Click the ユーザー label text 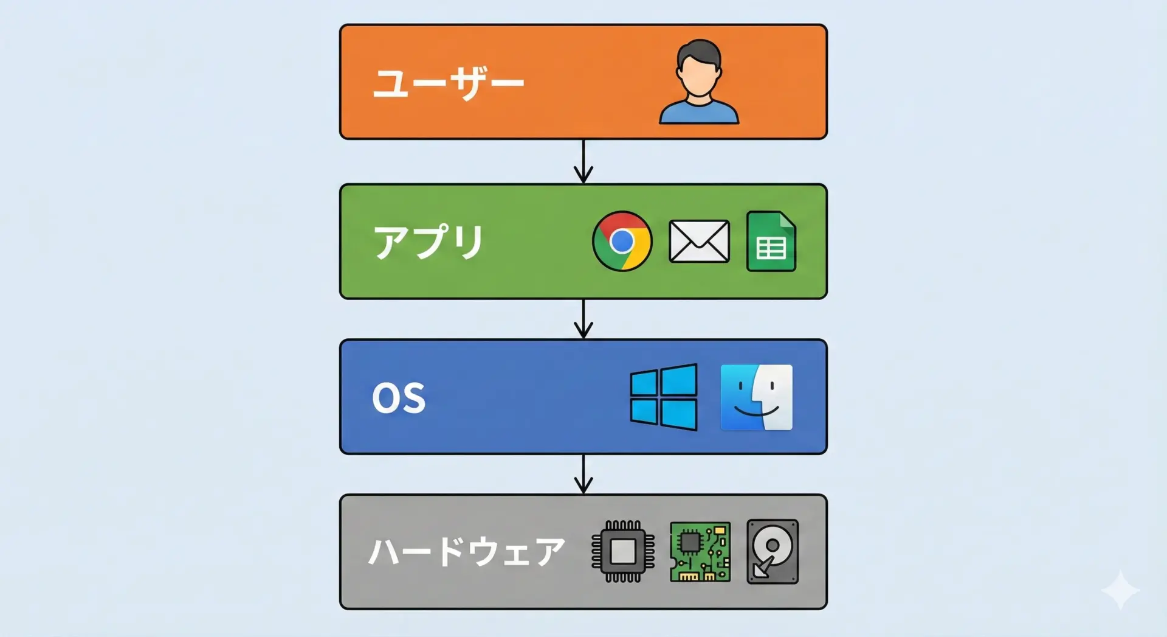click(449, 83)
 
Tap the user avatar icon click(699, 82)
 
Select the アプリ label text click(429, 242)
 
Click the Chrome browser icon click(622, 241)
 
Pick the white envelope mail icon click(699, 242)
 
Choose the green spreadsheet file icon click(771, 241)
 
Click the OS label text click(399, 399)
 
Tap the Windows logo click(664, 397)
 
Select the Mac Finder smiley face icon click(756, 397)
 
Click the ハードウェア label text click(467, 552)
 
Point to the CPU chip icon click(623, 551)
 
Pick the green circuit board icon click(700, 551)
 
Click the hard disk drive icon click(773, 551)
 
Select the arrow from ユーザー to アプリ click(583, 161)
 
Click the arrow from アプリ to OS click(583, 318)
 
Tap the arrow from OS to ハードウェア click(583, 473)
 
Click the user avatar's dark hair click(699, 52)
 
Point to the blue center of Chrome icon click(622, 242)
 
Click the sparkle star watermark click(1121, 590)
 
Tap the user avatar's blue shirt click(699, 113)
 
